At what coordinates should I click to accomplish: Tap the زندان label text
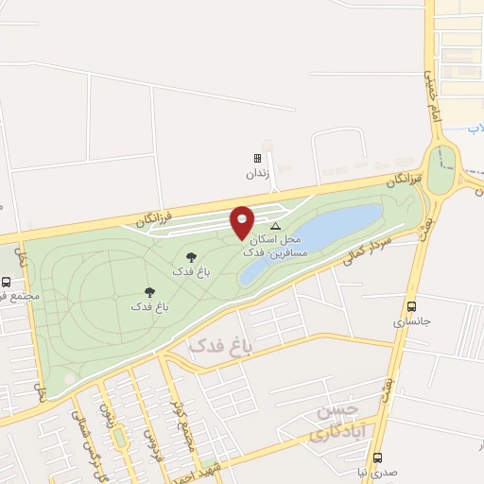click(258, 174)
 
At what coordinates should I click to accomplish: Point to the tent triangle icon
click(276, 226)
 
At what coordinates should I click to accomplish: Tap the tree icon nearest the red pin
click(191, 256)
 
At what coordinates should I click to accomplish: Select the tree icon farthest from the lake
click(149, 292)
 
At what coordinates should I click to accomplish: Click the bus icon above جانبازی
click(411, 306)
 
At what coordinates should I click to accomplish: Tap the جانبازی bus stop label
click(411, 321)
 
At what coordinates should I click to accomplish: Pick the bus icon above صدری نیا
click(377, 457)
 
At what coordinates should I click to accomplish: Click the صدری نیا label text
click(377, 472)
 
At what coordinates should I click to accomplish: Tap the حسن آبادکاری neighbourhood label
click(336, 423)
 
